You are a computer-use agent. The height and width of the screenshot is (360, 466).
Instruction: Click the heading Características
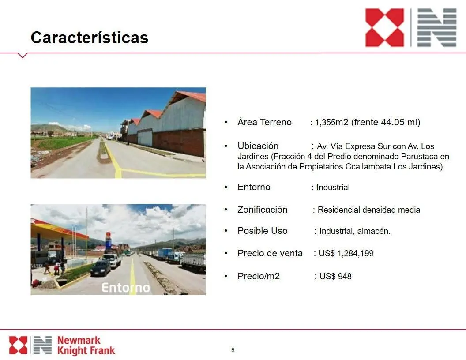[x=90, y=38]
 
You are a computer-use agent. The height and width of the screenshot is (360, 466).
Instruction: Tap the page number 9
[x=233, y=350]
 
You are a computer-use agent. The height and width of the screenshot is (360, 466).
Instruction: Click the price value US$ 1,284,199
[x=346, y=253]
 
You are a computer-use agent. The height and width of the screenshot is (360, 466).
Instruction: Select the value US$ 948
[x=335, y=276]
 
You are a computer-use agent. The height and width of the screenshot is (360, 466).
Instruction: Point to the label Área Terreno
[x=264, y=122]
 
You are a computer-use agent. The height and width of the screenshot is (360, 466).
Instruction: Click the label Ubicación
[x=258, y=146]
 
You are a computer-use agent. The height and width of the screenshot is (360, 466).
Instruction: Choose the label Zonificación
[x=263, y=210]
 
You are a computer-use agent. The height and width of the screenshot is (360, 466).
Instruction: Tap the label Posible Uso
[x=263, y=231]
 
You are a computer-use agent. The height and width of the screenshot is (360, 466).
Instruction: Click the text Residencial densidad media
[x=369, y=210]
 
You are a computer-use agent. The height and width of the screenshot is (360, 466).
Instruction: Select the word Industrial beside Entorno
[x=333, y=187]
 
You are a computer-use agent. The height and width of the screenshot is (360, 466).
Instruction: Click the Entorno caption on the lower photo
[x=126, y=288]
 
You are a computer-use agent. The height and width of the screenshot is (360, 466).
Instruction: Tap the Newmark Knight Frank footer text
[x=86, y=345]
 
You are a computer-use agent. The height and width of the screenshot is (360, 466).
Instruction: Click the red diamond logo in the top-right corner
[x=384, y=28]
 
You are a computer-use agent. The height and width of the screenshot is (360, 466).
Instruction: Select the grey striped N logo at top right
[x=437, y=28]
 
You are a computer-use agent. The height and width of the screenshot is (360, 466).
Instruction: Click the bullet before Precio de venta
[x=226, y=253]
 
